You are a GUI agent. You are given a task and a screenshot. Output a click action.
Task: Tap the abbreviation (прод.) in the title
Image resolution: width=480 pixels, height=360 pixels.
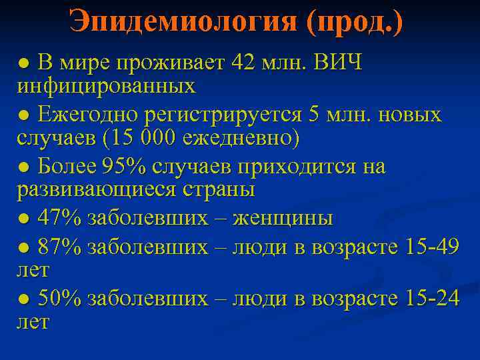[x=354, y=23]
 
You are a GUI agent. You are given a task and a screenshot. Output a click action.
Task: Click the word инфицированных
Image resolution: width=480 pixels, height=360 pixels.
[x=106, y=86]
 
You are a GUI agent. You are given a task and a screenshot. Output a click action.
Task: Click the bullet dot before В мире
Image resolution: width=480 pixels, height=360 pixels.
[x=23, y=64]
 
